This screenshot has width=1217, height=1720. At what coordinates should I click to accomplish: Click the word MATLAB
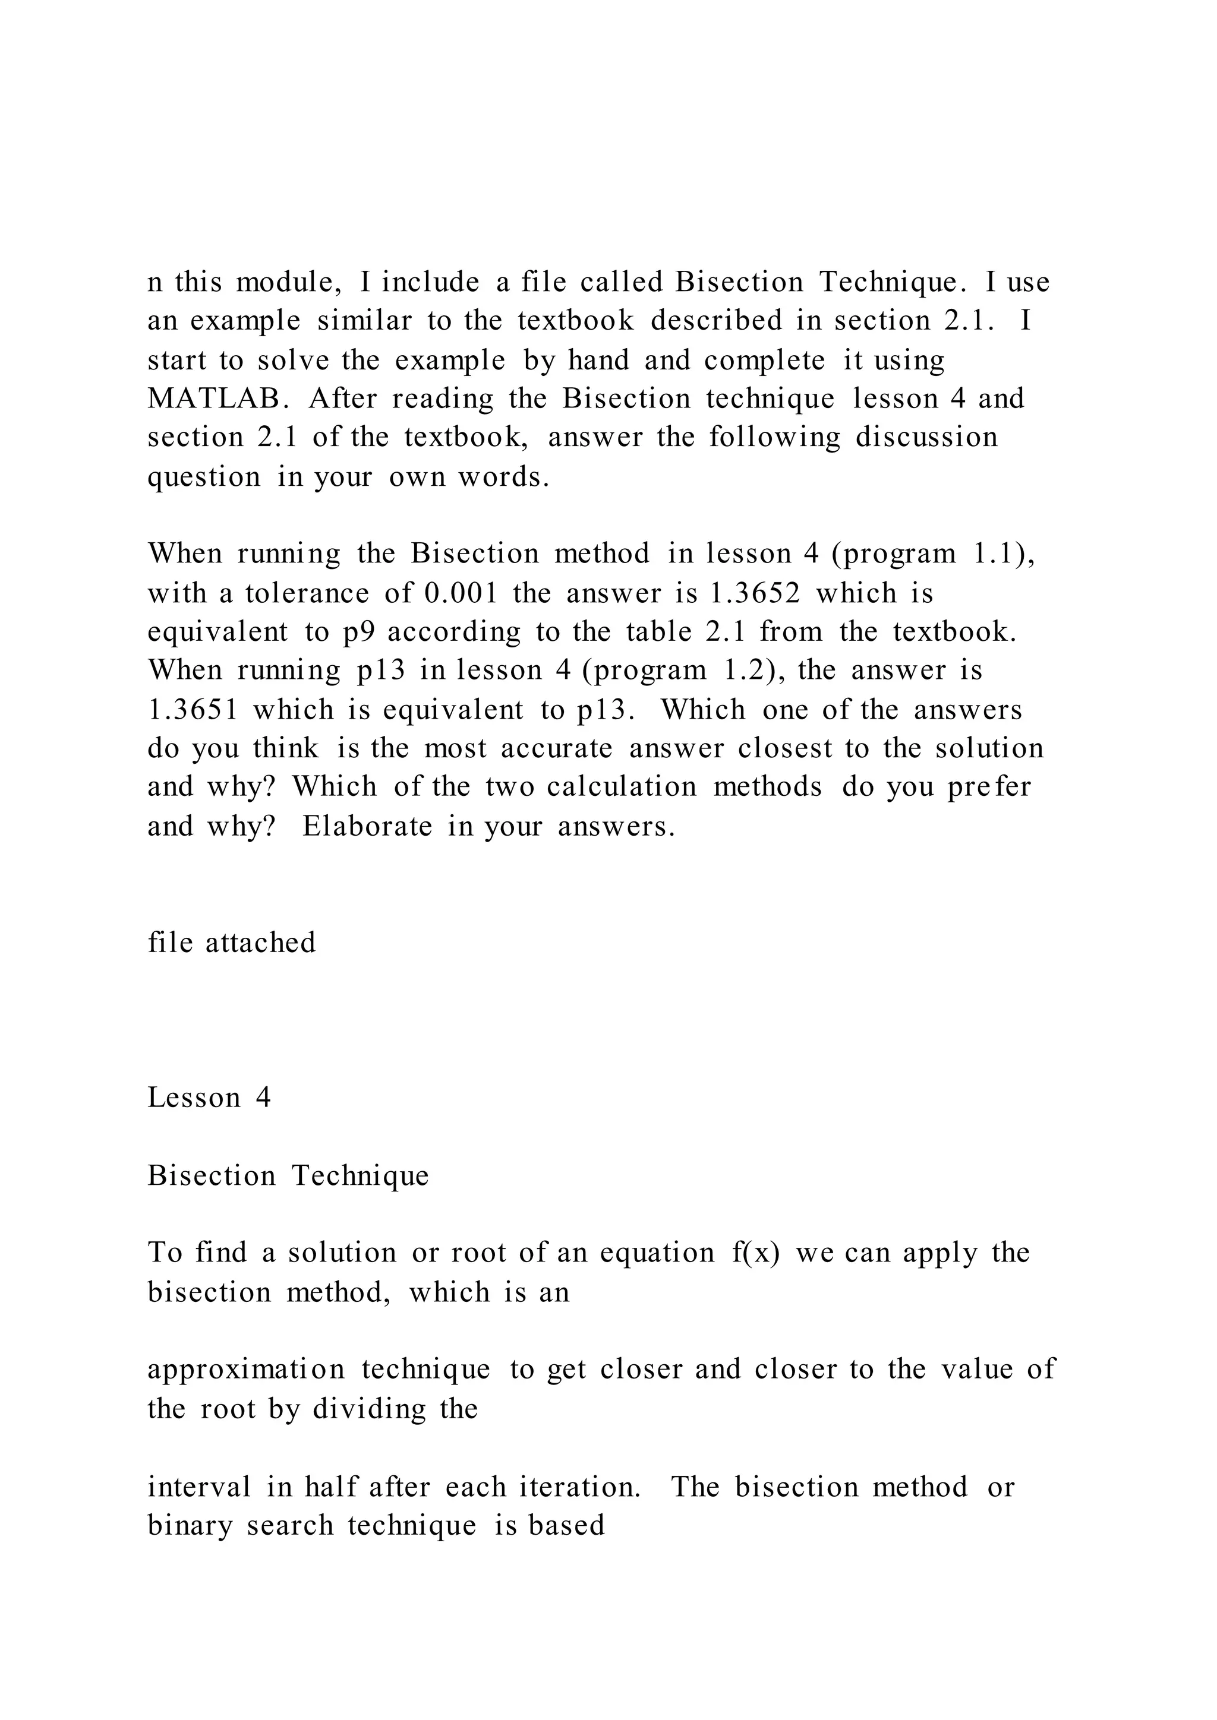point(218,399)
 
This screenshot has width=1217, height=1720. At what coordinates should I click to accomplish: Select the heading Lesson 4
point(209,1098)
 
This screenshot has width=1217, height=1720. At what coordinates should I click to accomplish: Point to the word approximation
point(246,1370)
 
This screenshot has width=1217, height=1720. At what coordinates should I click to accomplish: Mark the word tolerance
point(307,593)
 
